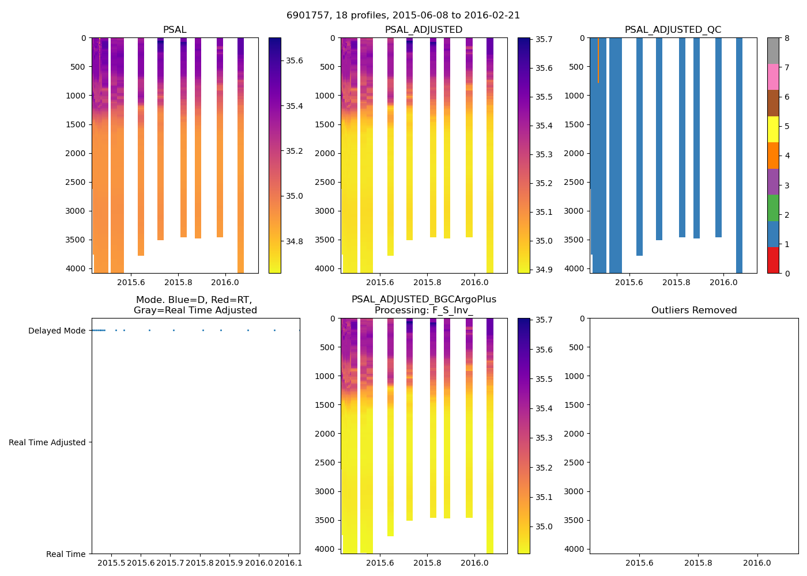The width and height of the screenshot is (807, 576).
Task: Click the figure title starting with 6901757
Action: [403, 16]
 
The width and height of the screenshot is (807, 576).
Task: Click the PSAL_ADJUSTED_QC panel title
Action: [673, 30]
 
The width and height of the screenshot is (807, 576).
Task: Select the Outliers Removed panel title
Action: [694, 310]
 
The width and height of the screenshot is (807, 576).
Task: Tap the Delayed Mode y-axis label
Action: [56, 331]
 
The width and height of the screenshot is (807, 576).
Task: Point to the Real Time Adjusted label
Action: [47, 442]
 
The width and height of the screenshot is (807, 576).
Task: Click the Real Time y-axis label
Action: [66, 554]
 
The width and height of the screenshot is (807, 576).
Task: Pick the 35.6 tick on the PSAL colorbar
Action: [295, 60]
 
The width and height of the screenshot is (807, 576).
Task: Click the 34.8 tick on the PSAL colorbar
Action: [295, 241]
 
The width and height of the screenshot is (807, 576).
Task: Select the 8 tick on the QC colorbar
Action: [787, 38]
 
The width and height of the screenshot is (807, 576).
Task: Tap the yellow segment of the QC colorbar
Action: [773, 129]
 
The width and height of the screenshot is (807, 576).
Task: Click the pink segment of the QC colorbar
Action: [773, 77]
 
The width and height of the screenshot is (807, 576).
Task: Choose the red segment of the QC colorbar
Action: [773, 260]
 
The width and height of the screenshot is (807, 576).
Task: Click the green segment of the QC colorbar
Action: [773, 208]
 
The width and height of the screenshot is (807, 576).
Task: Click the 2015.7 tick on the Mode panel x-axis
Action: [170, 563]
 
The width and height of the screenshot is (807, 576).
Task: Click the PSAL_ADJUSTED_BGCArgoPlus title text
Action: [424, 300]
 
